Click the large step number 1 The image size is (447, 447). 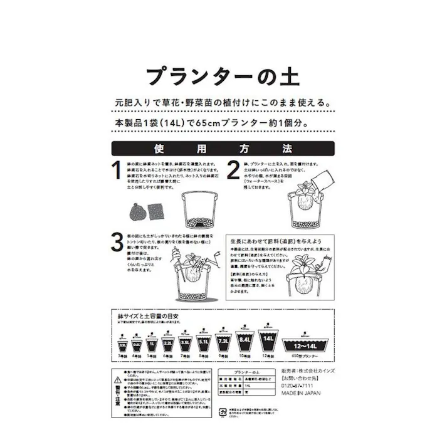[x=116, y=171]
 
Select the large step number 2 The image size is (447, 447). [x=233, y=171]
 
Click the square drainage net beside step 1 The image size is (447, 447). [x=155, y=212]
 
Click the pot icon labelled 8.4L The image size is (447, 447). [x=245, y=340]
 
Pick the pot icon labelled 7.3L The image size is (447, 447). [x=224, y=342]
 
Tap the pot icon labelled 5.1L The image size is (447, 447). [x=204, y=342]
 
